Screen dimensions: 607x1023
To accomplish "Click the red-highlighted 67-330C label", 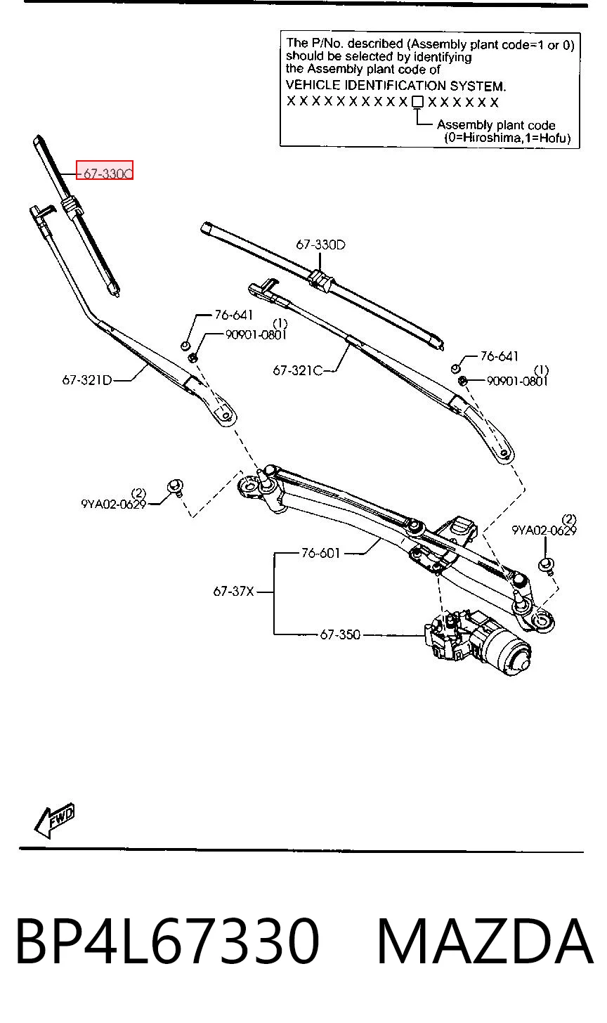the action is click(105, 170).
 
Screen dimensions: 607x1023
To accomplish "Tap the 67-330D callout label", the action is click(320, 245).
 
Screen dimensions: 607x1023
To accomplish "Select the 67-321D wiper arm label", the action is click(87, 380).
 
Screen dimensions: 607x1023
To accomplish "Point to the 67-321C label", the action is click(298, 370).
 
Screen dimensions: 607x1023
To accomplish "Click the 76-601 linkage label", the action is click(320, 554).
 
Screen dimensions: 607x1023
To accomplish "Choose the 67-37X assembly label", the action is click(233, 592).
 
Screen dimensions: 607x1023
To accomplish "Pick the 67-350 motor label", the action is click(340, 635).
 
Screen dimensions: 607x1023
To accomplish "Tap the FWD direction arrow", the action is click(55, 821).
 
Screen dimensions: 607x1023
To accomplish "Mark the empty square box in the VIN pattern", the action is click(417, 102).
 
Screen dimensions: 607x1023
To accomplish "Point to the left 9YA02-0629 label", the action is click(113, 504).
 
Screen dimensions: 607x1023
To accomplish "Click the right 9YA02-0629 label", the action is click(544, 530).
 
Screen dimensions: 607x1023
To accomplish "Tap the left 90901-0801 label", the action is click(256, 335).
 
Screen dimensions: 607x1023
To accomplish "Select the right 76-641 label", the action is click(500, 356).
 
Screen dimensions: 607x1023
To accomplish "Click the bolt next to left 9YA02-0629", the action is click(176, 487).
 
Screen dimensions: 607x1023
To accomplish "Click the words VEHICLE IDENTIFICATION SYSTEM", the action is click(396, 86).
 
